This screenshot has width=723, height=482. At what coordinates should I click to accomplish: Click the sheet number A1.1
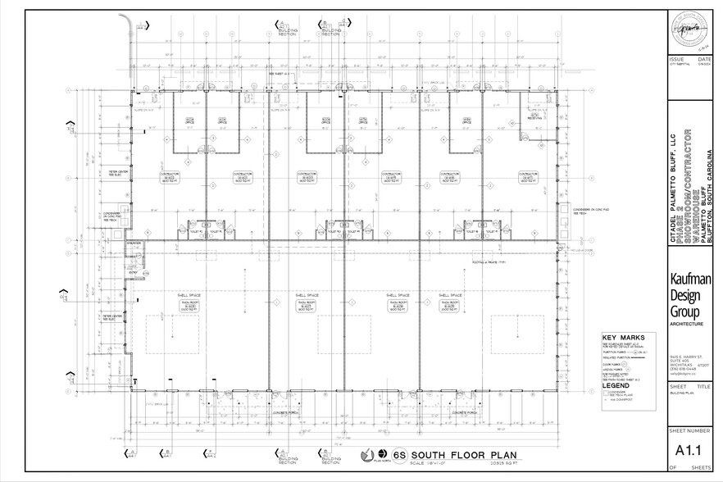point(691,449)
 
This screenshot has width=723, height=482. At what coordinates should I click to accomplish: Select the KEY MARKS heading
point(623,338)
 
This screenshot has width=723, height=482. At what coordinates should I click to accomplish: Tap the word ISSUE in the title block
point(677,60)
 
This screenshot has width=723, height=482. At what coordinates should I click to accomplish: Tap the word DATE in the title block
point(704,60)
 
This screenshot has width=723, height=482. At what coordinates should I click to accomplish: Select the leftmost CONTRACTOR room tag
point(170,176)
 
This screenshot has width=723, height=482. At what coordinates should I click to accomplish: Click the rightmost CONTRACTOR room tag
point(527,176)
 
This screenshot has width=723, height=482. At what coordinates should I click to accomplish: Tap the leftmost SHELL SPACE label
point(179,294)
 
